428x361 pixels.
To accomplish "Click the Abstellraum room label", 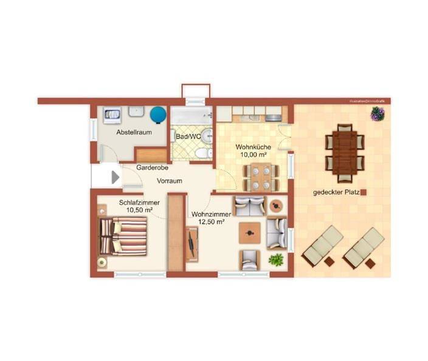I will (134, 132).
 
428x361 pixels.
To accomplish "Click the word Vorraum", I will (170, 181).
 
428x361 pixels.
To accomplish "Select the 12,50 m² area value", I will (209, 222).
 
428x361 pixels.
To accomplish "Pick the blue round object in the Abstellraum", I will (159, 114).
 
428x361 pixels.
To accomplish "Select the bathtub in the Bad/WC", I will (191, 115).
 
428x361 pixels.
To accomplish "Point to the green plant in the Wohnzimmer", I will (277, 260).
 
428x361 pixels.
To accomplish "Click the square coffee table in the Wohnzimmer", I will (250, 232).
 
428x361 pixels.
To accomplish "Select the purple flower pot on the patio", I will (378, 113).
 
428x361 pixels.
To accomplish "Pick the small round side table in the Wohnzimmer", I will (277, 205).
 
